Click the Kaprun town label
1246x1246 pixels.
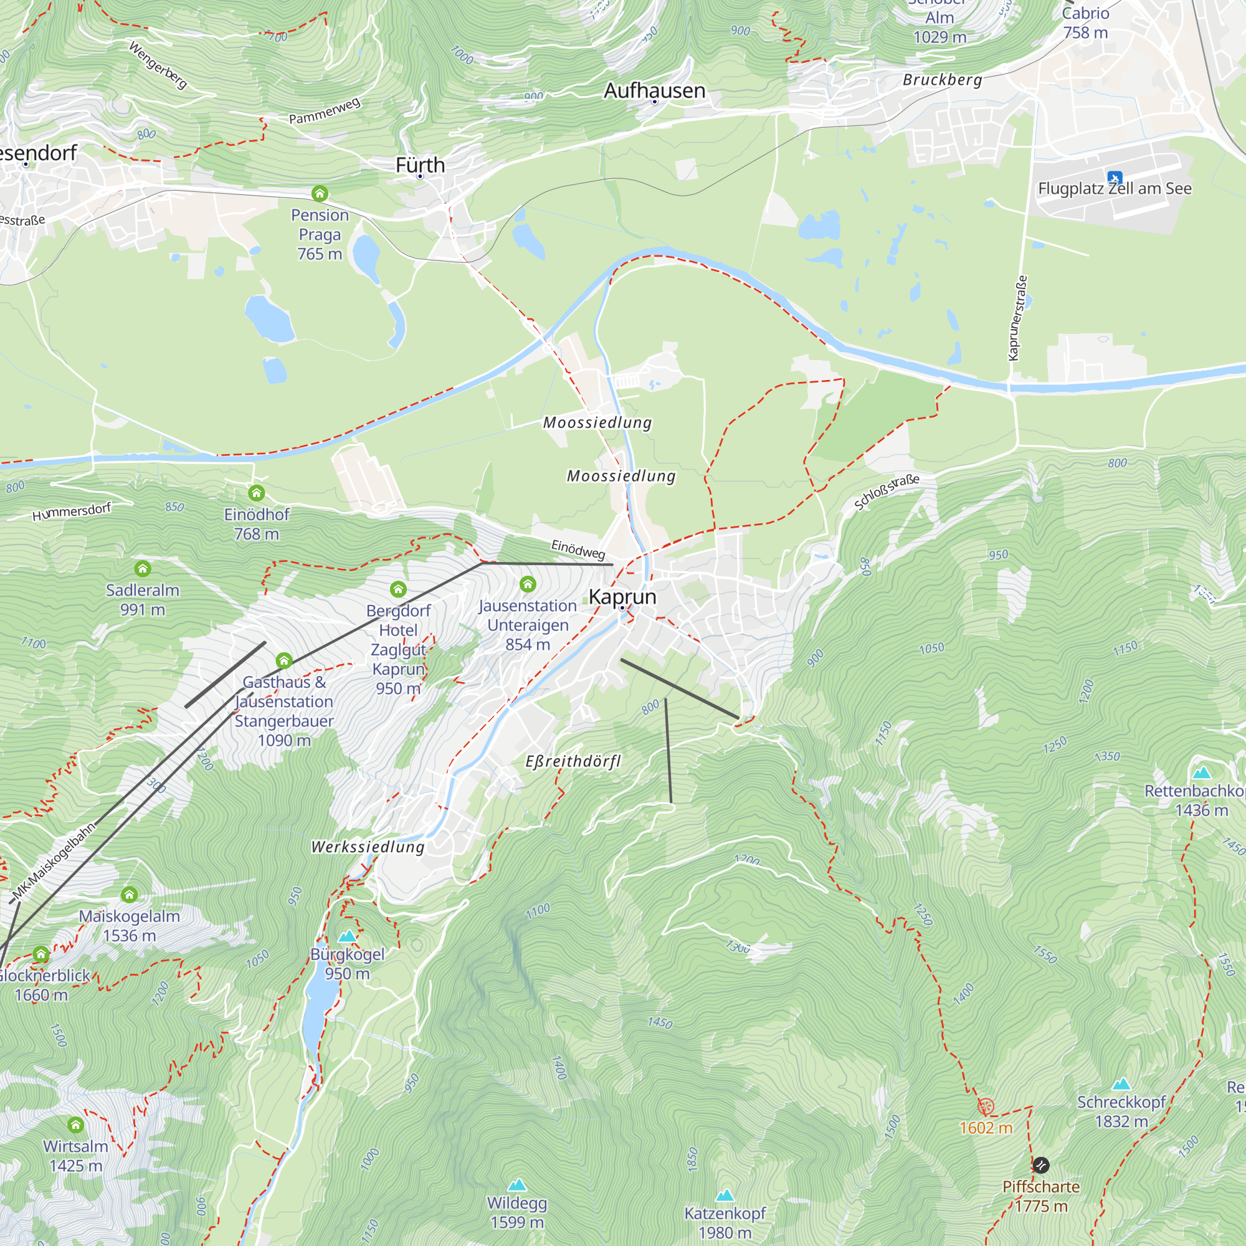click(622, 597)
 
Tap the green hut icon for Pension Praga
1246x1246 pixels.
click(320, 193)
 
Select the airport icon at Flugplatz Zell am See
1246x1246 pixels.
click(1115, 178)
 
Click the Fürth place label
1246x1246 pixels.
click(421, 165)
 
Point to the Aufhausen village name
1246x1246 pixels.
click(655, 90)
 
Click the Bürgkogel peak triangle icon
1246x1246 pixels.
click(348, 936)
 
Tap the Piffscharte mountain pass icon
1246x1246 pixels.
click(1040, 1165)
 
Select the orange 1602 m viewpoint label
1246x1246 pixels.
click(986, 1128)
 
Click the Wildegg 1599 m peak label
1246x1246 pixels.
click(517, 1212)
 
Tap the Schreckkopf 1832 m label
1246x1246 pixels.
click(1121, 1111)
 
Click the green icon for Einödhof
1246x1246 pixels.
click(257, 493)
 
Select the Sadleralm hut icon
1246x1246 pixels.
click(143, 568)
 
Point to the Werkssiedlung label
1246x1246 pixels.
click(368, 847)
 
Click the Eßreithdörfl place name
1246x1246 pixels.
click(573, 761)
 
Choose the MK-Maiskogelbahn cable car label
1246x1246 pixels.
click(54, 862)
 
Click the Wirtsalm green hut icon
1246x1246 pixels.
click(75, 1125)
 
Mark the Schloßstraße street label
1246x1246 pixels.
click(887, 492)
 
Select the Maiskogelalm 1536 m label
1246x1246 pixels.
click(129, 926)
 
